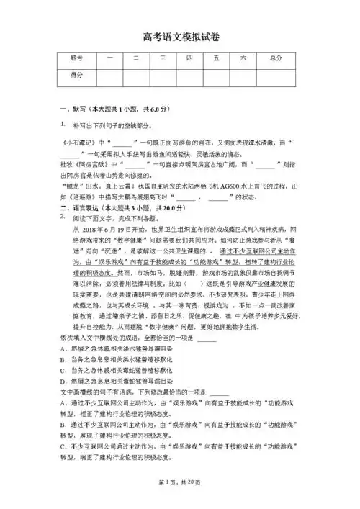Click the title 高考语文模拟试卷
[180, 37]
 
